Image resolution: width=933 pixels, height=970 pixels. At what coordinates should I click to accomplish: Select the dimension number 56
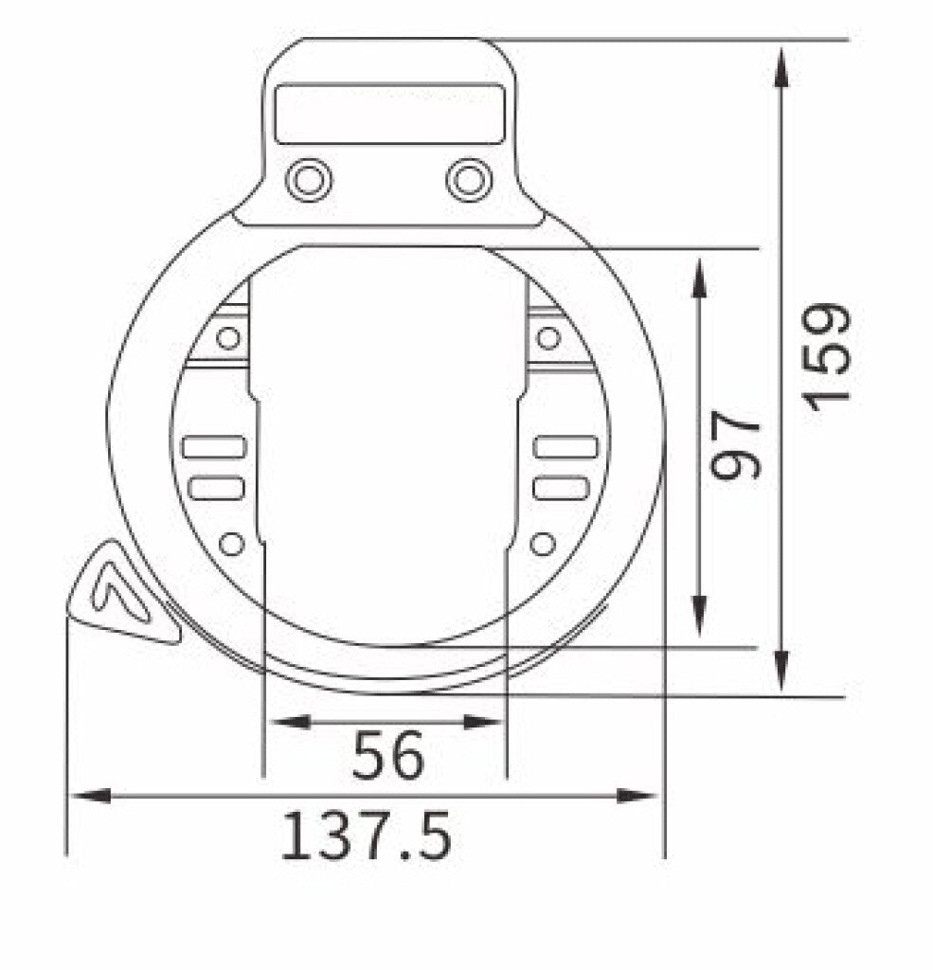pyautogui.click(x=387, y=756)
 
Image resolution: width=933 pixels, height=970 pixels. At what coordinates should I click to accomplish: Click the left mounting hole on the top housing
pyautogui.click(x=309, y=179)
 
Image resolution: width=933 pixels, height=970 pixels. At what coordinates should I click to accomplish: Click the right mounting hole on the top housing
pyautogui.click(x=469, y=179)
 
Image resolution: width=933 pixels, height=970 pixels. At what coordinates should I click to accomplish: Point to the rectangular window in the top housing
pyautogui.click(x=388, y=114)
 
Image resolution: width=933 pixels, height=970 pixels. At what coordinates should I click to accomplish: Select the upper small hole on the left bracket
pyautogui.click(x=227, y=337)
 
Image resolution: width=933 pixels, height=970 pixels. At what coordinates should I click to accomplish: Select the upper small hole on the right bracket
pyautogui.click(x=547, y=337)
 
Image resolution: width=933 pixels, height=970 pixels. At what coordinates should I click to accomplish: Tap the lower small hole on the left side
pyautogui.click(x=231, y=544)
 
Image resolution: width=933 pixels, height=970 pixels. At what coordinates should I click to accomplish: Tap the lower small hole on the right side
pyautogui.click(x=542, y=544)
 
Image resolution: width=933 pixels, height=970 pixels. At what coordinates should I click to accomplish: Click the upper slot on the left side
pyautogui.click(x=215, y=447)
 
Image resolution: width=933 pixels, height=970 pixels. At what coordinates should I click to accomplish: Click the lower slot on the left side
pyautogui.click(x=217, y=488)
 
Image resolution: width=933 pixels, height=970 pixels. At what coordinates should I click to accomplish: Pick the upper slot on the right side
pyautogui.click(x=565, y=447)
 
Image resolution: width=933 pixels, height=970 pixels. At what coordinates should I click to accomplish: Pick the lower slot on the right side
pyautogui.click(x=561, y=488)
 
